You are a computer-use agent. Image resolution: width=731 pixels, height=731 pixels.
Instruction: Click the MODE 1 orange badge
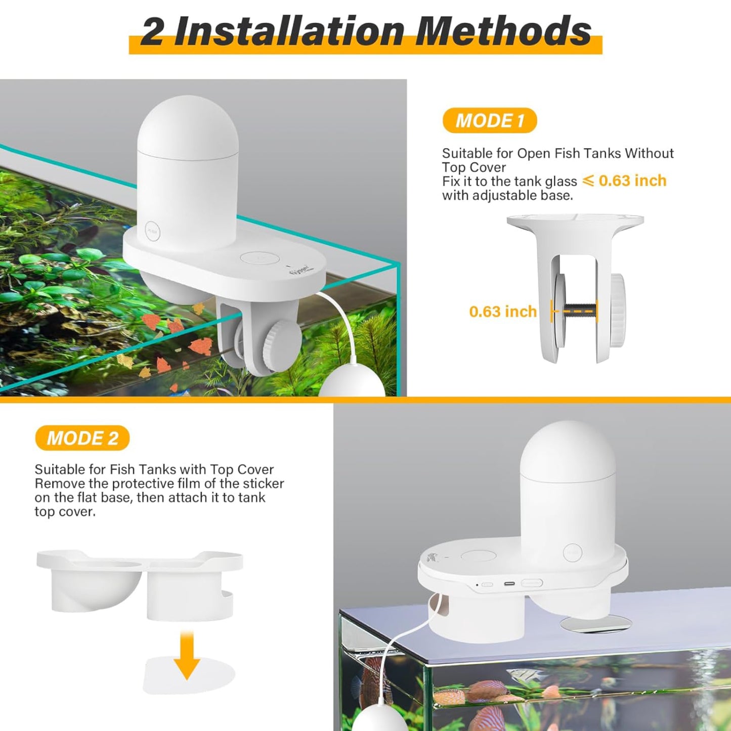pos(490,120)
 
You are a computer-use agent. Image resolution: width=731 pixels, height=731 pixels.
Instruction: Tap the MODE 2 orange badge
pos(82,438)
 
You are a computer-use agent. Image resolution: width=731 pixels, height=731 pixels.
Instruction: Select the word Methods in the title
pos(503,32)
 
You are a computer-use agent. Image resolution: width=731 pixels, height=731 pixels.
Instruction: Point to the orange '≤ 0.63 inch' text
pos(624,181)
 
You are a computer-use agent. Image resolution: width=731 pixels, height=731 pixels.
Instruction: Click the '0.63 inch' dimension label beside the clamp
pos(503,312)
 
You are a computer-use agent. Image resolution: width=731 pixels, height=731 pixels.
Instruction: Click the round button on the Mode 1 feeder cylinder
pos(153,231)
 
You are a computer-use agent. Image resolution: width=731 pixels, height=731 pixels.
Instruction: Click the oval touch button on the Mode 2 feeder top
pos(479,556)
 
